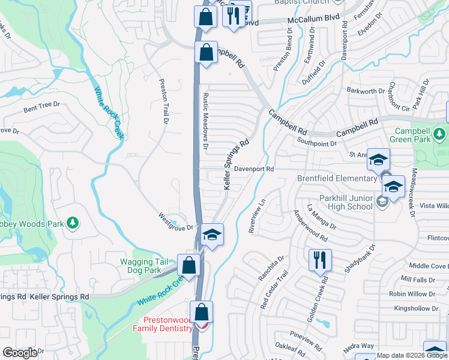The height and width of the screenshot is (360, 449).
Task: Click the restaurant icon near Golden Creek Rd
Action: pos(318,260)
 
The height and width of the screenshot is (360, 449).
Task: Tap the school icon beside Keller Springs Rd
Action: pos(212,235)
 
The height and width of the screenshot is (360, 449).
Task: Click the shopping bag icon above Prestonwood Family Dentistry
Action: pos(201,313)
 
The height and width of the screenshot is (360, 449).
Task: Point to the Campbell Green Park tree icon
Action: pos(441,132)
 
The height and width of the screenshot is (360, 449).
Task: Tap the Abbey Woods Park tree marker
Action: pos(73,223)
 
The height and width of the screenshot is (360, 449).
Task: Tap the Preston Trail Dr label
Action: pos(162,102)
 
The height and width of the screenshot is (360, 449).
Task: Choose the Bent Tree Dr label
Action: pos(42,107)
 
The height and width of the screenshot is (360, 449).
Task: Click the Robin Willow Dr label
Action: pos(411,294)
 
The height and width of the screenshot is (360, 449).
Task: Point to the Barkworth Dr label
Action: pos(366,91)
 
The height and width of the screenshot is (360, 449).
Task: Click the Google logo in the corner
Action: pos(20,353)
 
